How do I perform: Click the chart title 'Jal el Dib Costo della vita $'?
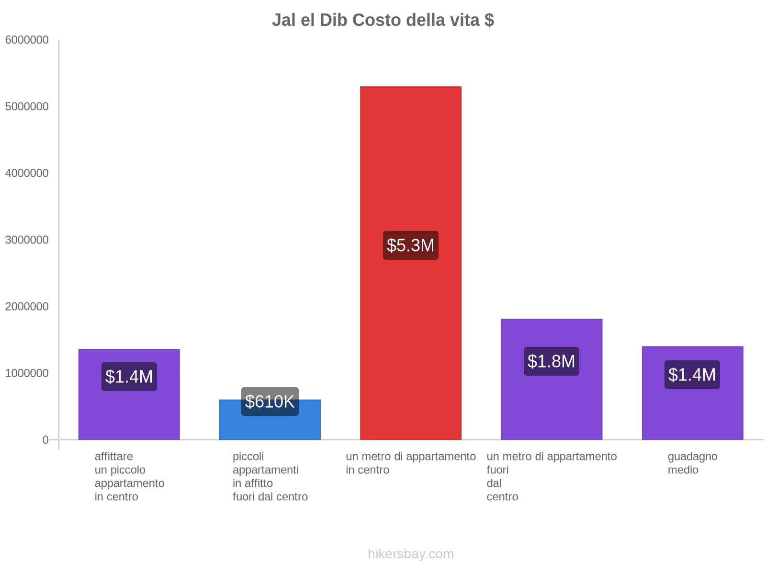click(383, 20)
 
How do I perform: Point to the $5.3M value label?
click(411, 245)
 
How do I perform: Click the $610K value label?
click(270, 402)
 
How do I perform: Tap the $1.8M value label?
click(552, 361)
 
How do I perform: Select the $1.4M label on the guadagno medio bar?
click(692, 375)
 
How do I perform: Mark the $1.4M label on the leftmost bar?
click(129, 377)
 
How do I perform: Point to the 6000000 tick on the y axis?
click(27, 40)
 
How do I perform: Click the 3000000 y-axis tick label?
click(27, 240)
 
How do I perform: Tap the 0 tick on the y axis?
click(45, 440)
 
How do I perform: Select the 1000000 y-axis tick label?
click(27, 373)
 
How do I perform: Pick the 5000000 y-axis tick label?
click(27, 107)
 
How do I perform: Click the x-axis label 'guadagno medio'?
click(692, 463)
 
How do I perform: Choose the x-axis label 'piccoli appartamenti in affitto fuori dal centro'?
click(270, 477)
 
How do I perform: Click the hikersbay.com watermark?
click(411, 554)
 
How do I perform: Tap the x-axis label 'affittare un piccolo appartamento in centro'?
click(129, 477)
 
